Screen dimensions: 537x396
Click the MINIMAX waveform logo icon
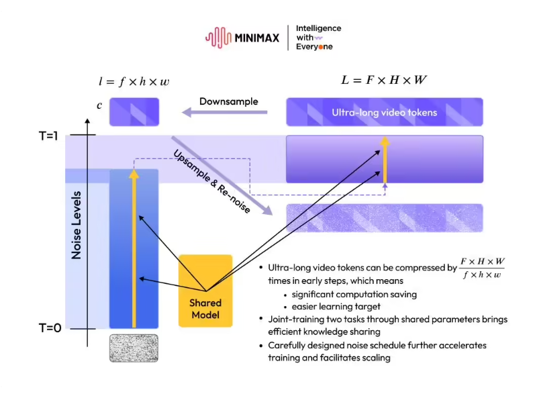click(x=218, y=38)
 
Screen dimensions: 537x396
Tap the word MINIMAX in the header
click(x=257, y=38)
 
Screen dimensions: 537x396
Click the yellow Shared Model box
click(x=205, y=291)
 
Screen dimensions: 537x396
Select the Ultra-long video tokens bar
click(x=385, y=112)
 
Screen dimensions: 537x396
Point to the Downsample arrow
click(x=224, y=112)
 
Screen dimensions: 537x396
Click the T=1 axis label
click(x=48, y=136)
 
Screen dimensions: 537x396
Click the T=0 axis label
click(x=50, y=328)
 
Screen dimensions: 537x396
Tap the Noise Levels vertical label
click(x=76, y=225)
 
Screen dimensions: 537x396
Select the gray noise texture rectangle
click(x=134, y=348)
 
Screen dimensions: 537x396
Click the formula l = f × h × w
click(x=134, y=81)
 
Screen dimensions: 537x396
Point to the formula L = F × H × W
click(x=384, y=80)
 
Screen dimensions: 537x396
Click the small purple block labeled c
click(x=134, y=112)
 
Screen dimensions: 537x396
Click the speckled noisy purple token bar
click(x=385, y=218)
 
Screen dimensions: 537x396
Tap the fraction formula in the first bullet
click(x=482, y=268)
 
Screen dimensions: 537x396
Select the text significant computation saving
click(x=354, y=294)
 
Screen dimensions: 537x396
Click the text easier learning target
click(x=336, y=306)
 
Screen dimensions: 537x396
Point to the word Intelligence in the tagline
click(x=318, y=28)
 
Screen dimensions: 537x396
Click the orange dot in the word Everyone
click(x=321, y=47)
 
